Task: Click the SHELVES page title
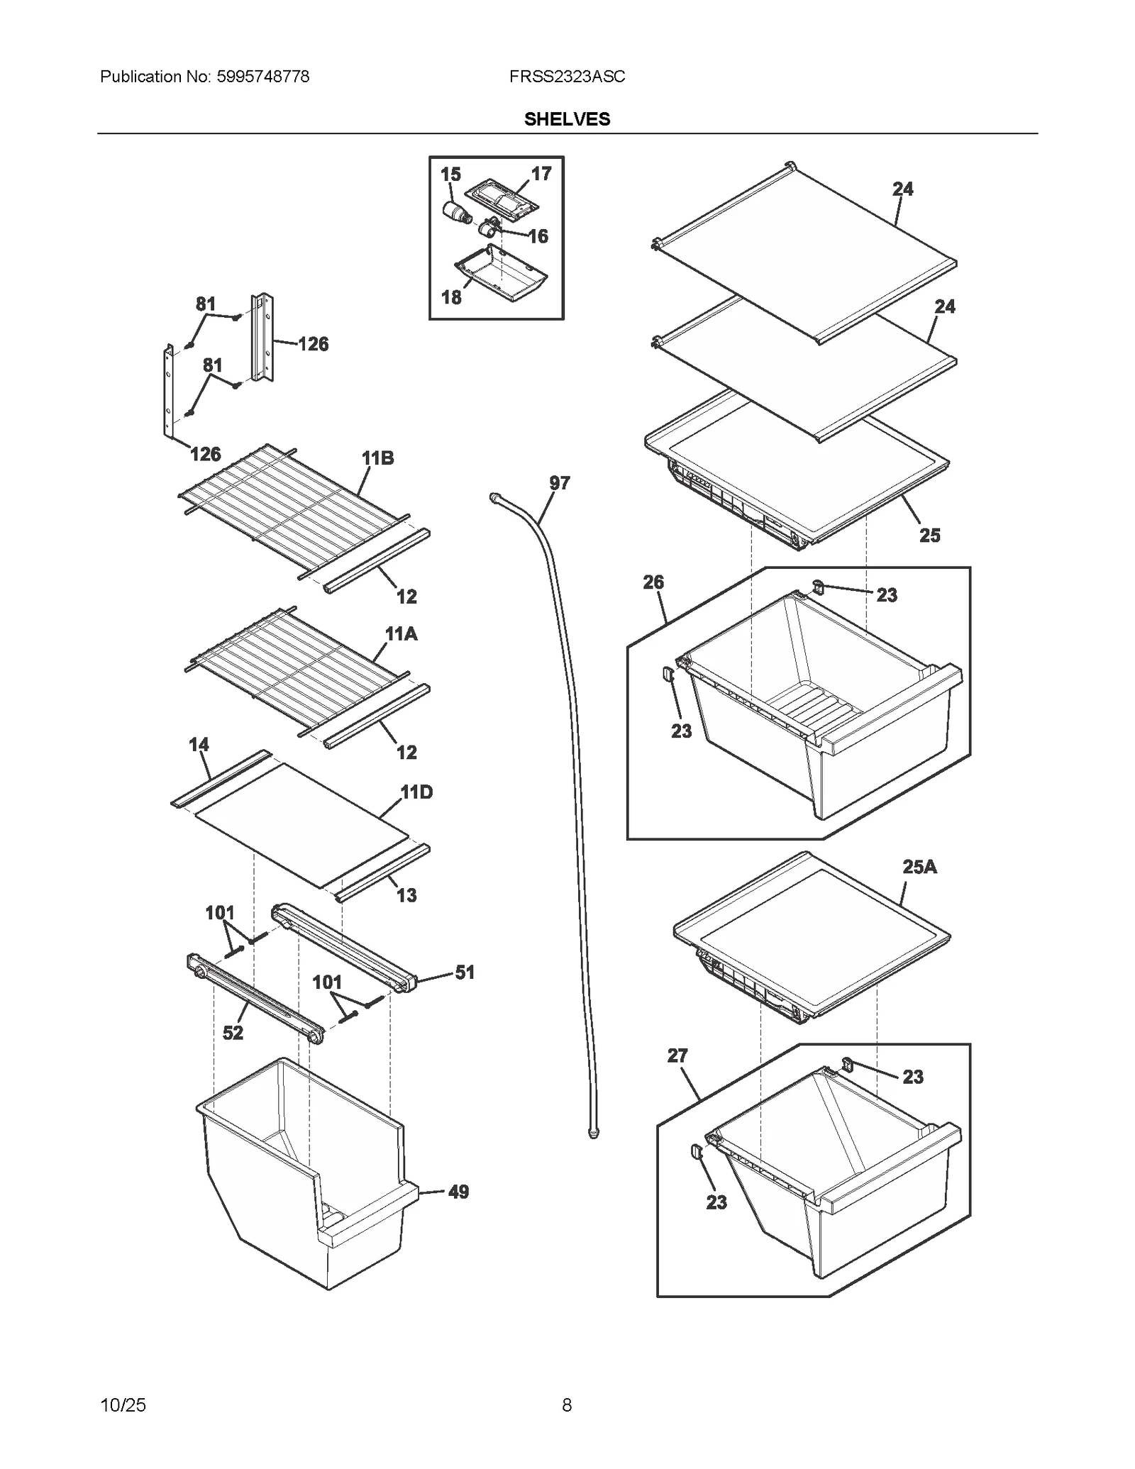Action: (x=567, y=119)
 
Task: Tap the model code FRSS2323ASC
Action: (x=567, y=77)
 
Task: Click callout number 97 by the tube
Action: (x=559, y=483)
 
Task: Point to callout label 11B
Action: (x=378, y=458)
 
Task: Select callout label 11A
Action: (x=401, y=634)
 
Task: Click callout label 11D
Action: (x=416, y=792)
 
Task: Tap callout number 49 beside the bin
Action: (x=458, y=1192)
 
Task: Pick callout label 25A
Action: (x=919, y=867)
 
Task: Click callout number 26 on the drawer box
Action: (x=653, y=582)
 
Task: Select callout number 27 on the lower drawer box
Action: (x=677, y=1055)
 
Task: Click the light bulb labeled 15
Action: (x=456, y=212)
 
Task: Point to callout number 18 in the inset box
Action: (x=451, y=297)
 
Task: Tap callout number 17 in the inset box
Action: (x=541, y=174)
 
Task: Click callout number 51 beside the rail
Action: (x=465, y=972)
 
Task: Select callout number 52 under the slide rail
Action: (x=233, y=1033)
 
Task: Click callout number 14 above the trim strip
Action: (x=199, y=745)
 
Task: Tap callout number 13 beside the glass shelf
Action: (x=406, y=895)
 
